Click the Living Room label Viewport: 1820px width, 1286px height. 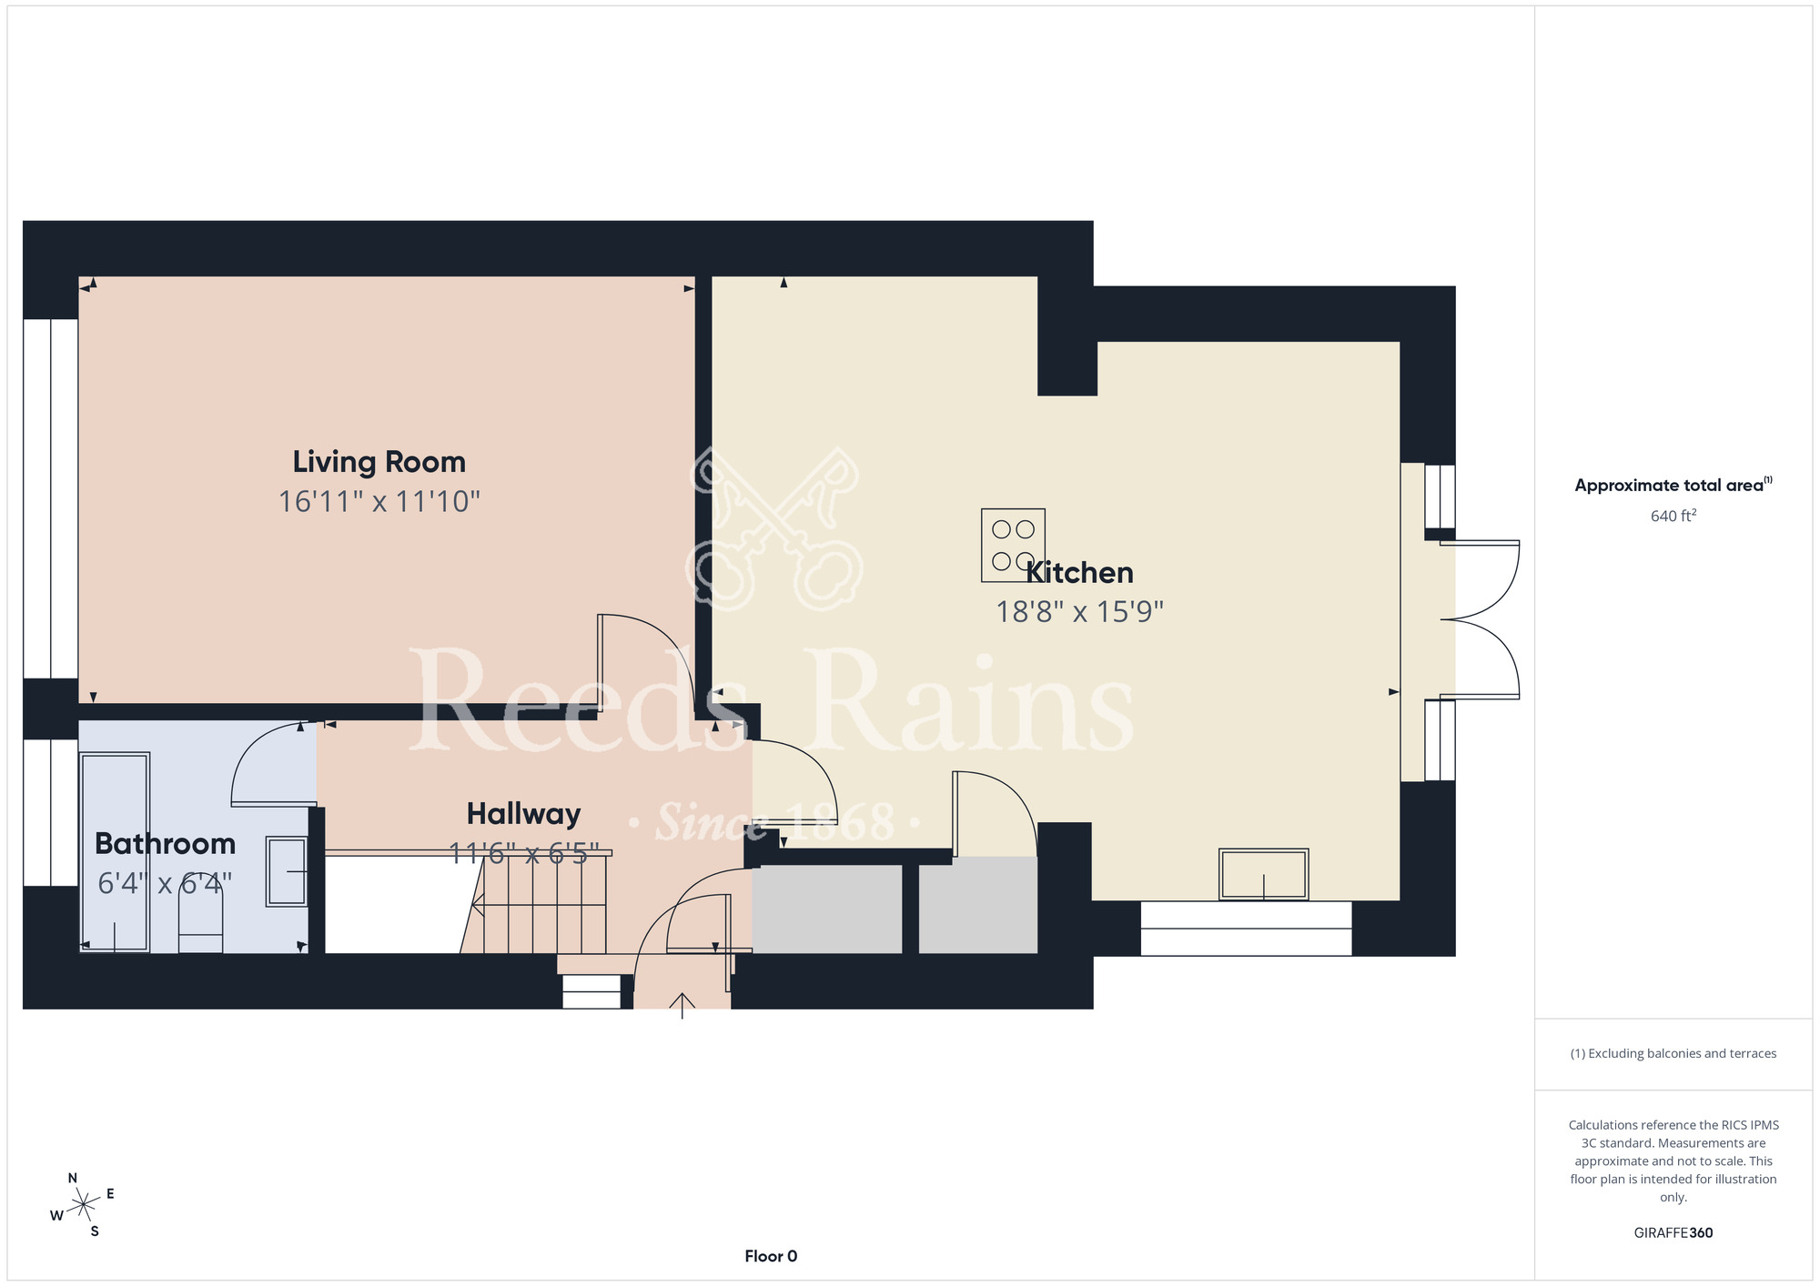pos(379,462)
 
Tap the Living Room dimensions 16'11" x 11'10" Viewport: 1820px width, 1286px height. pos(379,501)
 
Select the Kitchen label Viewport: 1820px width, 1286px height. pos(1079,572)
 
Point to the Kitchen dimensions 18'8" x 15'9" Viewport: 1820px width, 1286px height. pos(1079,611)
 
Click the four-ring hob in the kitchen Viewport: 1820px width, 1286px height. pos(1013,545)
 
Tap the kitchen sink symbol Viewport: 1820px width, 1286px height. pos(1263,874)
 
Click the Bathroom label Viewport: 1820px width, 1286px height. pos(165,844)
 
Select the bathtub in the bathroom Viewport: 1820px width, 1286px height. pos(115,852)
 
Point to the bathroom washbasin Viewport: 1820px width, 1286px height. pos(287,871)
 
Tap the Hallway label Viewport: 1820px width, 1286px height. pos(523,814)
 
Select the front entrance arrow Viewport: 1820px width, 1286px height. pos(682,1004)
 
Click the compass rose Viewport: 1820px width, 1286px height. pos(83,1205)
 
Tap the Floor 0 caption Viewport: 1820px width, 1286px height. pos(771,1256)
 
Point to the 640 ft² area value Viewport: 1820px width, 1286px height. pos(1673,516)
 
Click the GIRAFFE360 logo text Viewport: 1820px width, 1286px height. pos(1673,1233)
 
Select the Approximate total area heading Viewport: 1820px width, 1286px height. pos(1673,485)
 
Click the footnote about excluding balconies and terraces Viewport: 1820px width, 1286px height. pos(1673,1053)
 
